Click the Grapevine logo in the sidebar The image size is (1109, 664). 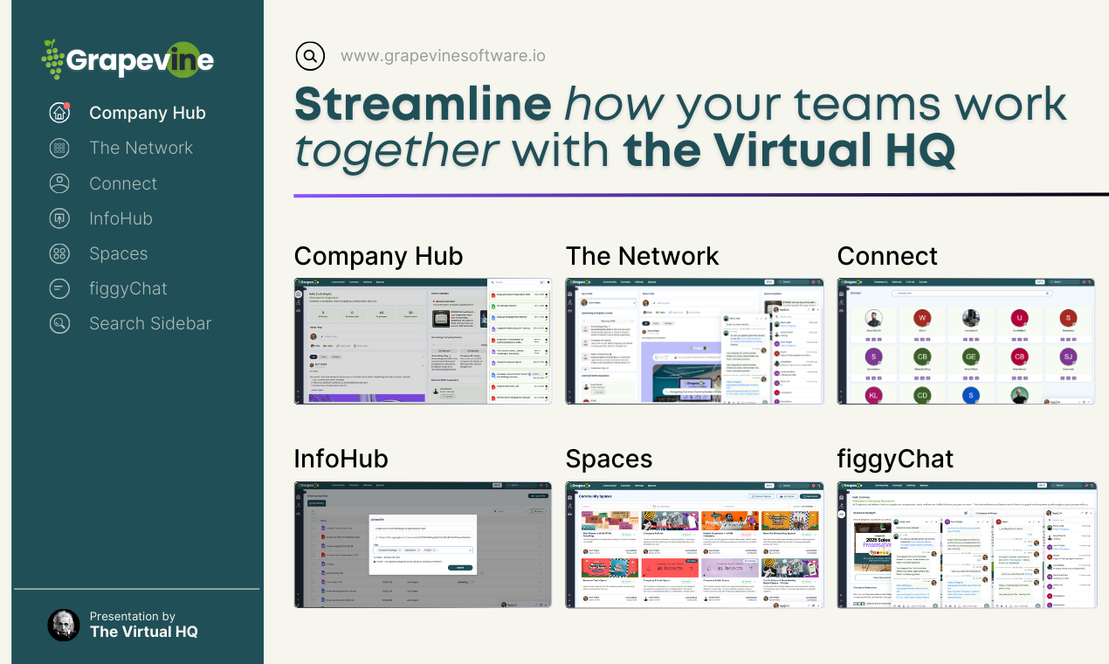click(128, 59)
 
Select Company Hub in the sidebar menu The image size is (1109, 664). click(147, 113)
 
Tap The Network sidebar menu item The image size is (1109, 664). click(141, 148)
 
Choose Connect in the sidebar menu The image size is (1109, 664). click(123, 183)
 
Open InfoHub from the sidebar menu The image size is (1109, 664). click(121, 218)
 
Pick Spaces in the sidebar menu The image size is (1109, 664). click(118, 253)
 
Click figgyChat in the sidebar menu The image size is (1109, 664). click(127, 288)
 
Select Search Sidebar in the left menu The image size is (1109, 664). click(150, 323)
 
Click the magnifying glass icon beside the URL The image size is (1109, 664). click(310, 56)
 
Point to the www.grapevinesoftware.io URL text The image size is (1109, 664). click(443, 56)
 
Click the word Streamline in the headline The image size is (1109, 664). click(423, 105)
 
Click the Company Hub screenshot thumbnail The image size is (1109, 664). click(423, 341)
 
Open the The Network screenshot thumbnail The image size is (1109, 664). click(694, 341)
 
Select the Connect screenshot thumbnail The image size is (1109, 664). click(966, 341)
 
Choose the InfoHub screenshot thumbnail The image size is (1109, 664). click(423, 544)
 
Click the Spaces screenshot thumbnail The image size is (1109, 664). click(694, 544)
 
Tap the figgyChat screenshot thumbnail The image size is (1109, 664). click(966, 544)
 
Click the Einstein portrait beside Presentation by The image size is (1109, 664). click(63, 625)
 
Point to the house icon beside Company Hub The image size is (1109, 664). click(59, 113)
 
